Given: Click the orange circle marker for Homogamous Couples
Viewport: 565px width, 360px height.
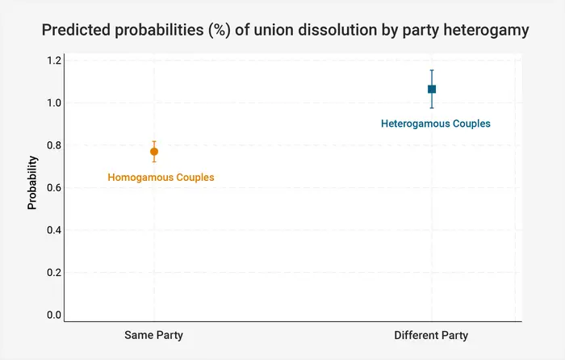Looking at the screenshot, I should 154,152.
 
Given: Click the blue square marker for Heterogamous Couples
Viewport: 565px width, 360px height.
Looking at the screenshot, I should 432,89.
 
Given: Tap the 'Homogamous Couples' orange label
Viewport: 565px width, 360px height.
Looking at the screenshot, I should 161,177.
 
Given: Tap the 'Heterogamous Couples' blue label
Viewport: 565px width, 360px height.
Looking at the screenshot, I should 436,124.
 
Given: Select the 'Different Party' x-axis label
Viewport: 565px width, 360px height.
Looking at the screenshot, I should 431,335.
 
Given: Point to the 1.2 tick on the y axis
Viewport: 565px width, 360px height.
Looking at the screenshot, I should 54,61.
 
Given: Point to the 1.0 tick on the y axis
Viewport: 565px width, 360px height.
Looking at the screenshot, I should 54,103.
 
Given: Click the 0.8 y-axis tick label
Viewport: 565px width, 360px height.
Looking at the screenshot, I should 54,145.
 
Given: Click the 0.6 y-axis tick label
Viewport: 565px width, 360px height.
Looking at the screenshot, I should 54,188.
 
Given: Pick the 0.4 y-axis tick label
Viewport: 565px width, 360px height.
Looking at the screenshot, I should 54,230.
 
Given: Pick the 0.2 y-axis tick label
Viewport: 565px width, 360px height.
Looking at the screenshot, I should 54,273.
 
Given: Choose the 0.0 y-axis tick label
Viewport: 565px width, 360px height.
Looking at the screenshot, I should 54,315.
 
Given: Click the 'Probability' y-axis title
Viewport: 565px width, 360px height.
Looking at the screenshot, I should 32,183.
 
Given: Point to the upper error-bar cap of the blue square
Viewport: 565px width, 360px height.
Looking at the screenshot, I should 432,70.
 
